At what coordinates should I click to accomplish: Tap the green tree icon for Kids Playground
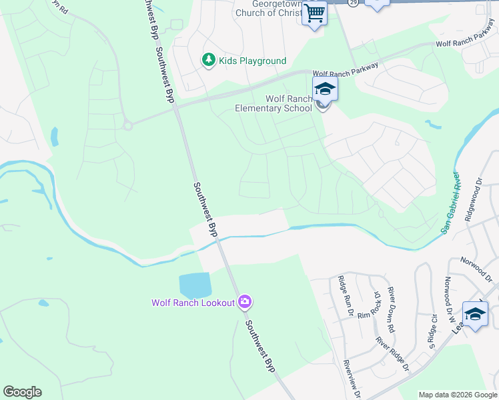click(x=209, y=61)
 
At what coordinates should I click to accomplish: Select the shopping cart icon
click(x=314, y=13)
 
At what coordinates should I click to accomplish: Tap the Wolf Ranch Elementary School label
click(x=289, y=103)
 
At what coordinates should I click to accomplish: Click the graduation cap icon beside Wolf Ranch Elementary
click(x=325, y=89)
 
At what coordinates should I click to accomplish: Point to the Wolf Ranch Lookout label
click(x=193, y=303)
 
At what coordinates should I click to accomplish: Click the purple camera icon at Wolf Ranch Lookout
click(x=245, y=303)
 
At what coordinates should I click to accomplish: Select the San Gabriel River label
click(x=451, y=202)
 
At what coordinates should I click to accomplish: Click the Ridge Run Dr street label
click(x=344, y=291)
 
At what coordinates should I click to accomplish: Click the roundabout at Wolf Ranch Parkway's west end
click(x=127, y=124)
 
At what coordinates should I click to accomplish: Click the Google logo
click(x=22, y=392)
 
